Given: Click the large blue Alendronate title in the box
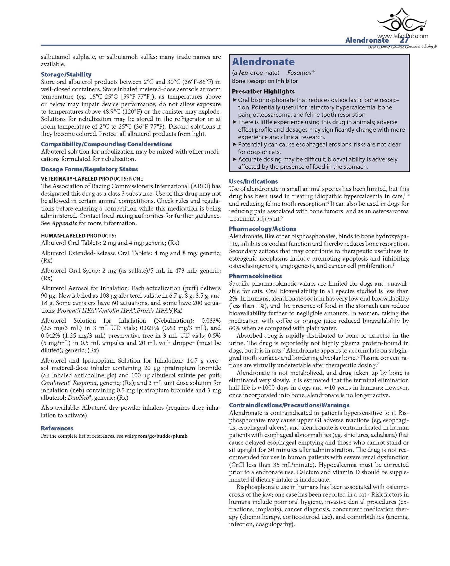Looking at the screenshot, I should (263, 62).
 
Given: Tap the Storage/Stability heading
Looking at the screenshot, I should (66, 75).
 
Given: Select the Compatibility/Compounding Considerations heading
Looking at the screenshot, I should (106, 144).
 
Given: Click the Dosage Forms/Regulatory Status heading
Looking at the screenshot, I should (89, 169).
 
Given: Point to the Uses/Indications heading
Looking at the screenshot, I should (253, 181).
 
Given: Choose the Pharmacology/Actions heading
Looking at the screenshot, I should (262, 229).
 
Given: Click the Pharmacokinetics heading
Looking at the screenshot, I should (255, 276).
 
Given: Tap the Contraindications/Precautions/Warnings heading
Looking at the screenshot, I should (289, 405).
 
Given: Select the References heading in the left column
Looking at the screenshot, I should (57, 428).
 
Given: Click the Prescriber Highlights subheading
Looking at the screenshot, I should (263, 92).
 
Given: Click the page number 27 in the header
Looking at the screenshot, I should (404, 41).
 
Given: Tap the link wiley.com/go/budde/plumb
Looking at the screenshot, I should (156, 436).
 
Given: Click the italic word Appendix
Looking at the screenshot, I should (64, 223).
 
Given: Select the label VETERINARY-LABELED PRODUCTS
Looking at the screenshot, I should (84, 179).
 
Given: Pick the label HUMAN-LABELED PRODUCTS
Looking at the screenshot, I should (78, 236).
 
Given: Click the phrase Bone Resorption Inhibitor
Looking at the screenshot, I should (265, 81).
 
